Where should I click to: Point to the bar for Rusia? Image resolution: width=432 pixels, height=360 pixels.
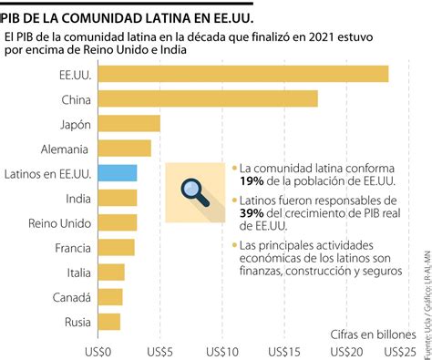(108, 321)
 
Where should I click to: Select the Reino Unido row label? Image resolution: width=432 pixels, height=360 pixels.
(58, 222)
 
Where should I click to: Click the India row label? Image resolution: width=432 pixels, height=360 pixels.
(77, 198)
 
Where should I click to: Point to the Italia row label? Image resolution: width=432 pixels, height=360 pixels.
(73, 272)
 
